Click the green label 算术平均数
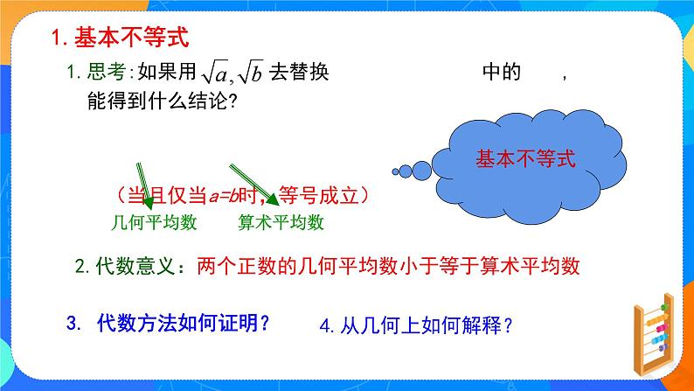281,222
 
